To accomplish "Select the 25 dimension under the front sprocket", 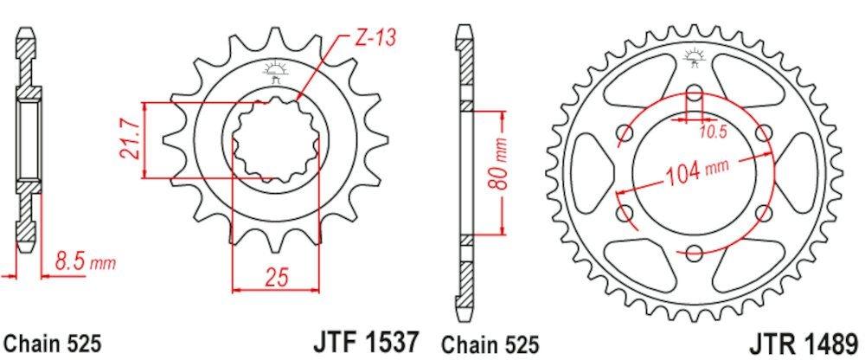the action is tap(276, 277).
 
